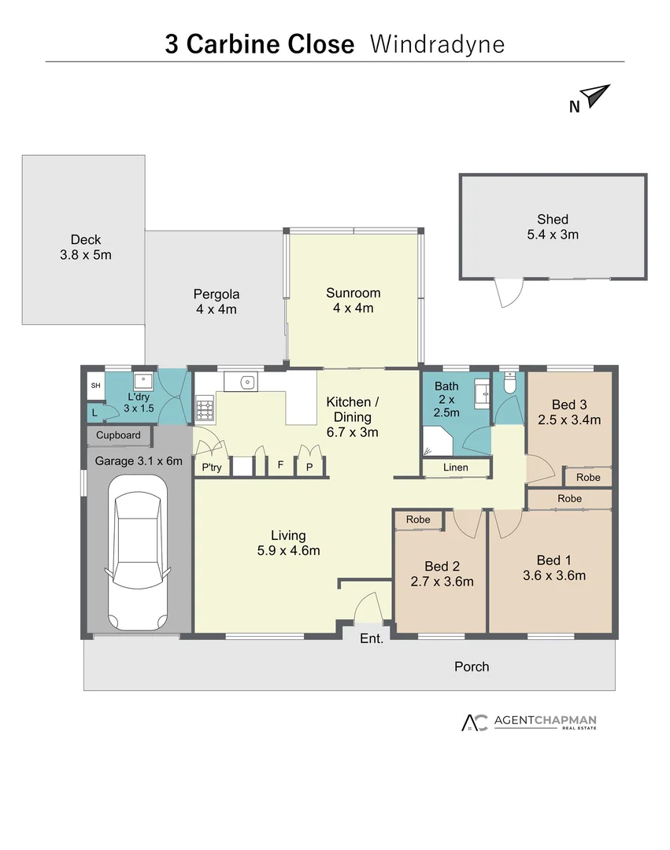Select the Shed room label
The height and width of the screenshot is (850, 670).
point(553,227)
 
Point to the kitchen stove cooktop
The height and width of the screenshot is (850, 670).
point(204,408)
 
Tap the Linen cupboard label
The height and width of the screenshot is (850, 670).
point(456,468)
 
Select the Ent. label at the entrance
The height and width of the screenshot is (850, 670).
point(372,638)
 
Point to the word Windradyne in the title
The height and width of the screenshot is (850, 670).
point(437,44)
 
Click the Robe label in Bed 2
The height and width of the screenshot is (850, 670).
point(418,519)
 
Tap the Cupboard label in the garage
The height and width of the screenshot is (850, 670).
point(119,435)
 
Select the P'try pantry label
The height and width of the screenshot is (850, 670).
point(211,467)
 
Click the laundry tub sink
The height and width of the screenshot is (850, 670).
point(143,382)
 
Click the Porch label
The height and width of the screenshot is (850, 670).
point(472,667)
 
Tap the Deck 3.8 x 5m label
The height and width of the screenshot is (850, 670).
point(85,247)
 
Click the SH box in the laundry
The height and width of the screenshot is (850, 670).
point(95,385)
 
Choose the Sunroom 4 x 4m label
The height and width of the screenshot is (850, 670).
point(353,300)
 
